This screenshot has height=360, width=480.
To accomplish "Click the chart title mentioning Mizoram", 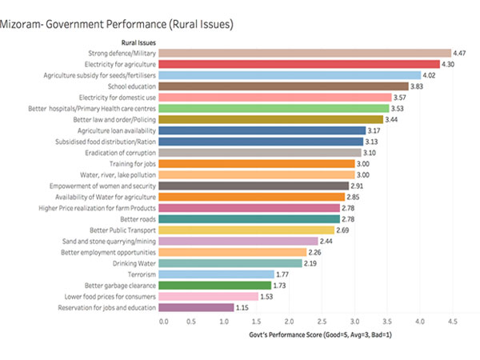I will (118, 25).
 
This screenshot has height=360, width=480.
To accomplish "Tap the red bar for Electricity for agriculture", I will (301, 64).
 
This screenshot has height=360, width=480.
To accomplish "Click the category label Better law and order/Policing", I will (113, 119).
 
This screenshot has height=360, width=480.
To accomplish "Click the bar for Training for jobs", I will (258, 163).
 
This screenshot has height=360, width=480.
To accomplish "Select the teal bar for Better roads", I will (251, 218).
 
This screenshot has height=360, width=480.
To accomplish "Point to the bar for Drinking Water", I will (232, 262).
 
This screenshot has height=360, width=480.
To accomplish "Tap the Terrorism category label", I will (139, 274).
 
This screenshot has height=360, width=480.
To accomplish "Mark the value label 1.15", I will (246, 307).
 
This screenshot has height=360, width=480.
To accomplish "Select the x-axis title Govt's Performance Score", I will (318, 334).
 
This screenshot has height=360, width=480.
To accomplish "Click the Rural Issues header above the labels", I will (138, 42).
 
